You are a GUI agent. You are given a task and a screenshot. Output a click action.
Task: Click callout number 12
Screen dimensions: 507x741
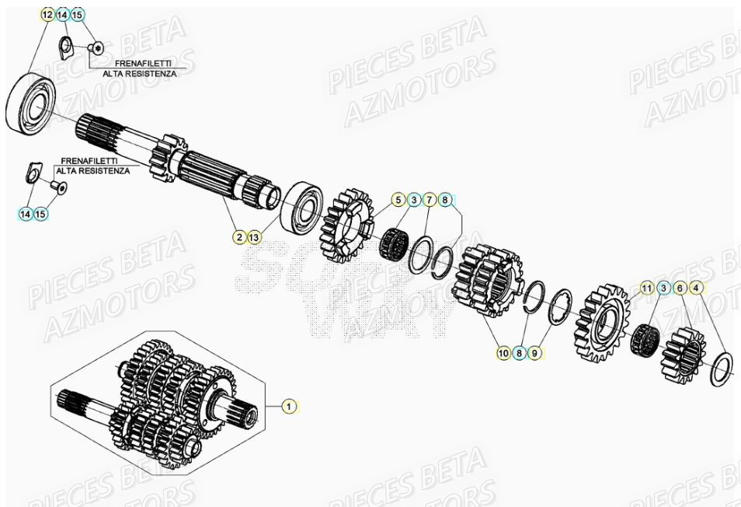coord(47,15)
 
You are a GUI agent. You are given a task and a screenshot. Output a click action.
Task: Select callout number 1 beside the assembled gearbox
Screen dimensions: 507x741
coord(288,406)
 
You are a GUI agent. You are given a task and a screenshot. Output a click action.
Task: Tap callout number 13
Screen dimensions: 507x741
coord(256,236)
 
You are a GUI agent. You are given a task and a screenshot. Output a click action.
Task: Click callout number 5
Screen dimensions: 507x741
coord(398,201)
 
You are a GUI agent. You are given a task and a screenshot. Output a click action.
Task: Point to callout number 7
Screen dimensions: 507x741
coord(430,201)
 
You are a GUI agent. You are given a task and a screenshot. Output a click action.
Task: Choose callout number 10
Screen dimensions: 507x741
coord(503,353)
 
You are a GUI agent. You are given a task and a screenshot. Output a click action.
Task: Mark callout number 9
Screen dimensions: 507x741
coord(534,353)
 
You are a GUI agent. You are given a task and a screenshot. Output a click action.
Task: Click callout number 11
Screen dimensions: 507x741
coord(647,289)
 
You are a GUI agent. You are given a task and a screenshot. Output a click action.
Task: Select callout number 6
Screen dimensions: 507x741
coord(680,289)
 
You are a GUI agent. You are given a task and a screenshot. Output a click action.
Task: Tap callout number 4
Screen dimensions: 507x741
coord(696,289)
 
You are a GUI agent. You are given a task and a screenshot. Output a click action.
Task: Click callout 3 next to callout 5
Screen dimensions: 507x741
coord(414,201)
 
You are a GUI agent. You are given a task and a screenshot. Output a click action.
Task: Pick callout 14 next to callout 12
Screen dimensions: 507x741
coord(63,15)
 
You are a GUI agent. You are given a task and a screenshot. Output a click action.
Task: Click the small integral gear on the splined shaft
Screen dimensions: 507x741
coord(169,157)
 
